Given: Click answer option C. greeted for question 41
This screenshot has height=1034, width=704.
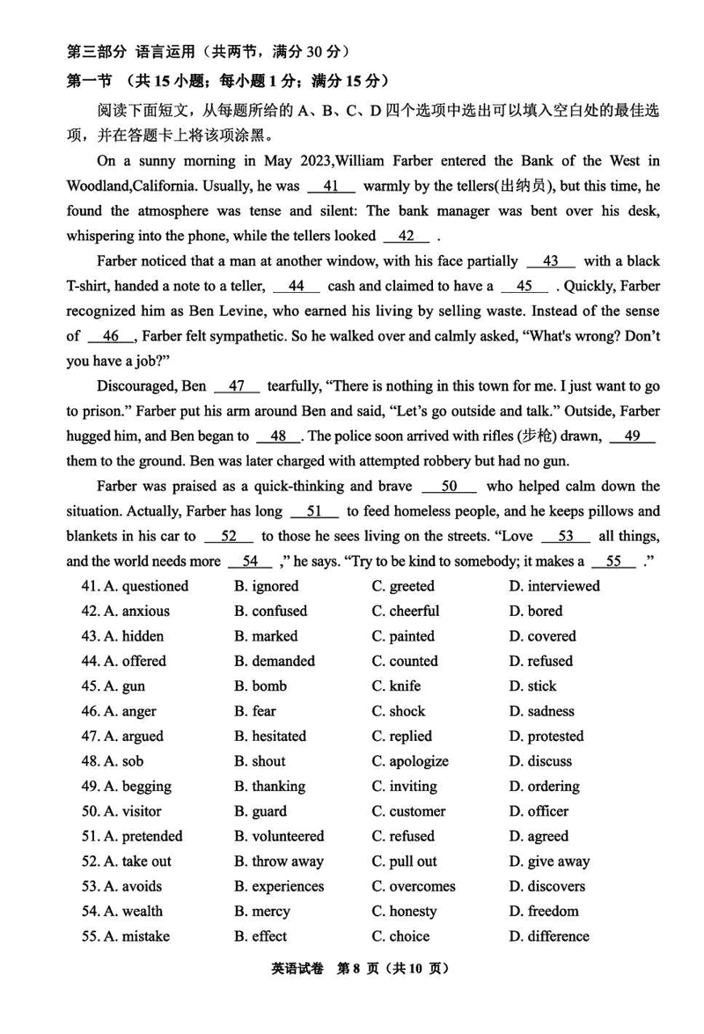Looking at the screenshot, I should tap(402, 586).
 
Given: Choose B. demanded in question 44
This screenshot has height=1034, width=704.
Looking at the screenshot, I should tap(274, 661).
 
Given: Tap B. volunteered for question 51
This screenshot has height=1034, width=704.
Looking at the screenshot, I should tap(279, 836).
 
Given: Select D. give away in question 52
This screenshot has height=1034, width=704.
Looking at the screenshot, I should tap(549, 862).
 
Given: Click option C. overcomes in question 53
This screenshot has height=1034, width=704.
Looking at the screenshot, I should tap(414, 886).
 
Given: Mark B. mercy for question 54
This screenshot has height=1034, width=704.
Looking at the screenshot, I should tap(261, 912).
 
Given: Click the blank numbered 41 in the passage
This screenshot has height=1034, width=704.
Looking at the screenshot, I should tap(331, 187).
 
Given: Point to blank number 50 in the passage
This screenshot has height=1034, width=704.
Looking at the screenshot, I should tap(449, 487).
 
